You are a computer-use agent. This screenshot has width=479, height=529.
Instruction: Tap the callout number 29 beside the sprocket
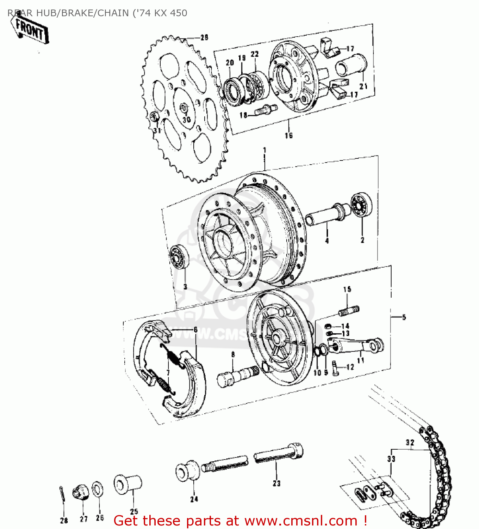tap(204, 37)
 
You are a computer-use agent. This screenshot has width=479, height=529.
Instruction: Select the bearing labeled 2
tap(362, 205)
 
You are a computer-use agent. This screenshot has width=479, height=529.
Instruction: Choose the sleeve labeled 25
tap(127, 485)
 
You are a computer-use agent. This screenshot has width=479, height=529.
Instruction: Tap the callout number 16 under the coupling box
tap(289, 135)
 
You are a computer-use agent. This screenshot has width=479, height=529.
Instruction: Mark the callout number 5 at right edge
tap(404, 317)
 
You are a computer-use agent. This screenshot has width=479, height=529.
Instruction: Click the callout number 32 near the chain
tap(410, 442)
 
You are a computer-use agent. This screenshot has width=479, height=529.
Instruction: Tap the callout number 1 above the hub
tap(265, 151)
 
